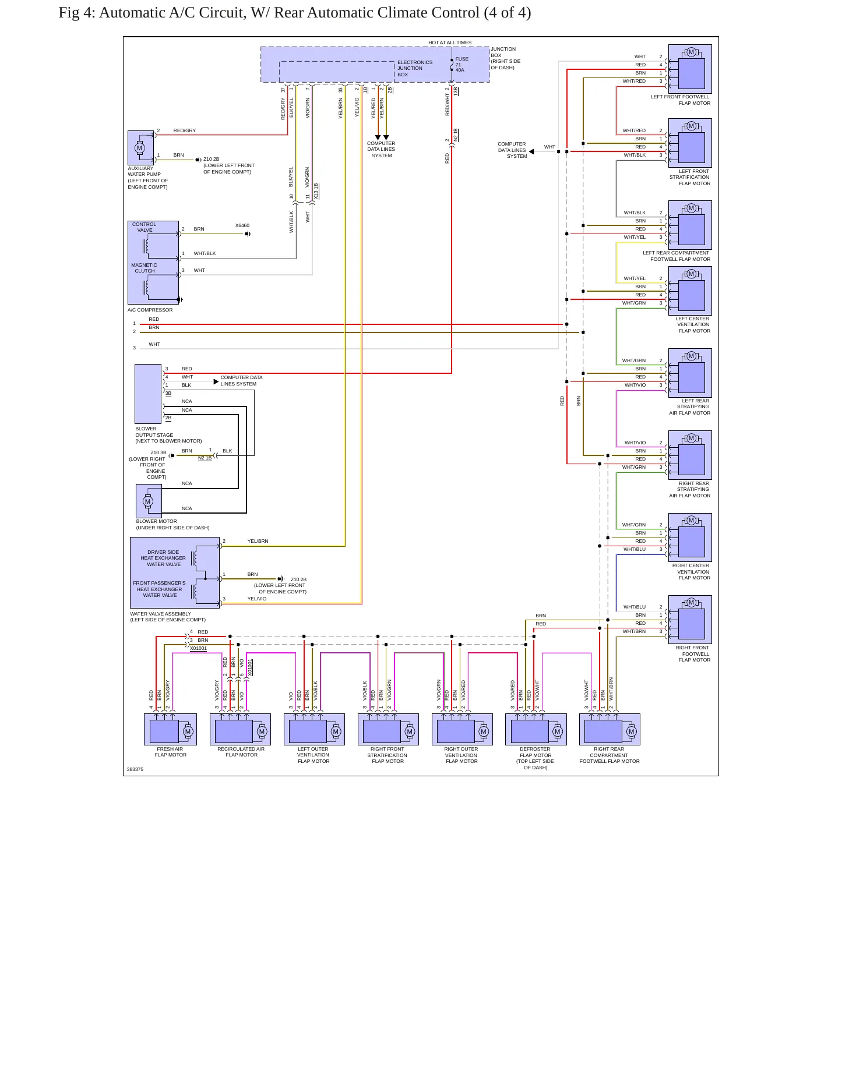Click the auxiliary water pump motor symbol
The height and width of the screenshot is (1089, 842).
click(139, 148)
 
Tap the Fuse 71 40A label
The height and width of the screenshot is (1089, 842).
click(461, 64)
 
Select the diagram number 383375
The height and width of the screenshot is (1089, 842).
click(135, 769)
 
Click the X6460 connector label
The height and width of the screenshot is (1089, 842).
click(242, 225)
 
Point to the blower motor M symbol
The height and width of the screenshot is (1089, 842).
click(147, 501)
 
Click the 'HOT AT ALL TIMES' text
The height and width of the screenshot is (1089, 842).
click(450, 43)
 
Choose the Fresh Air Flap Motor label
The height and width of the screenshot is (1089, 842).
click(171, 752)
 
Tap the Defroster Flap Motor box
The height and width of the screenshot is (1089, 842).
click(536, 729)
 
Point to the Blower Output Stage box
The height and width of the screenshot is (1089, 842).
click(148, 394)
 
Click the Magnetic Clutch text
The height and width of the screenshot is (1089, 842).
click(144, 268)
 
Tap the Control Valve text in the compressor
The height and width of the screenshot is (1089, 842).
click(144, 227)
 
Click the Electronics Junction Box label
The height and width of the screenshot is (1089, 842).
click(414, 68)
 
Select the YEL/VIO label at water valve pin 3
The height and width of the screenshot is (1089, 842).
click(257, 599)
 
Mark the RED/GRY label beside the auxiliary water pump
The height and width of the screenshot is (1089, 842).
click(184, 130)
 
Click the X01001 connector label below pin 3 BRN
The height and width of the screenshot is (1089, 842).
click(198, 648)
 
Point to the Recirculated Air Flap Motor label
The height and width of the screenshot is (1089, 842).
click(241, 752)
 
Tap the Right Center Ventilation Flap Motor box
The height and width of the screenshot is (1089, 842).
click(690, 536)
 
